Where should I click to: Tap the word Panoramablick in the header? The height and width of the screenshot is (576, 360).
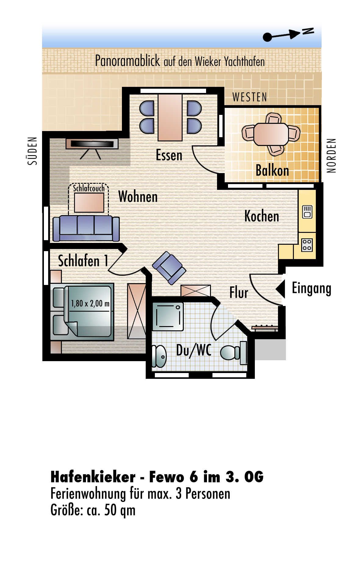coord(127,61)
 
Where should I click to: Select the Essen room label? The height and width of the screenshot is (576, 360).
coord(169,155)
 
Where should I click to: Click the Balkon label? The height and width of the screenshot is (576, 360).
coord(272,170)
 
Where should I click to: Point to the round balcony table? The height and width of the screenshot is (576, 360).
coord(271,134)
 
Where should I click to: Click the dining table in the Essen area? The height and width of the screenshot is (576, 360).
coord(170,117)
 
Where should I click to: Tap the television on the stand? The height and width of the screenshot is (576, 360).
coord(92,144)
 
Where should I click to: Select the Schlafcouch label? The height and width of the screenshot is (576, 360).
coord(89,188)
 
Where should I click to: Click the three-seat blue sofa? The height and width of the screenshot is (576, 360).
coord(86,229)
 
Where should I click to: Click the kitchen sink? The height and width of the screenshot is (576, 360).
coord(307,212)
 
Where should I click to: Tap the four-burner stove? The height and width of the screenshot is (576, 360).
coord(307,245)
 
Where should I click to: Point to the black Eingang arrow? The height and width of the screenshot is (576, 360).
coord(280,289)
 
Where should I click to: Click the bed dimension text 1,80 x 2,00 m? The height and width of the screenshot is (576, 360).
coord(90,304)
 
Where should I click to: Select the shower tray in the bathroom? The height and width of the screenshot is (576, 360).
coord(168,316)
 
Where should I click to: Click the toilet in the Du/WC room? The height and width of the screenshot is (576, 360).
coord(233,353)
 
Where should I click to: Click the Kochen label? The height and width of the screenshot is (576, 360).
coord(262,216)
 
